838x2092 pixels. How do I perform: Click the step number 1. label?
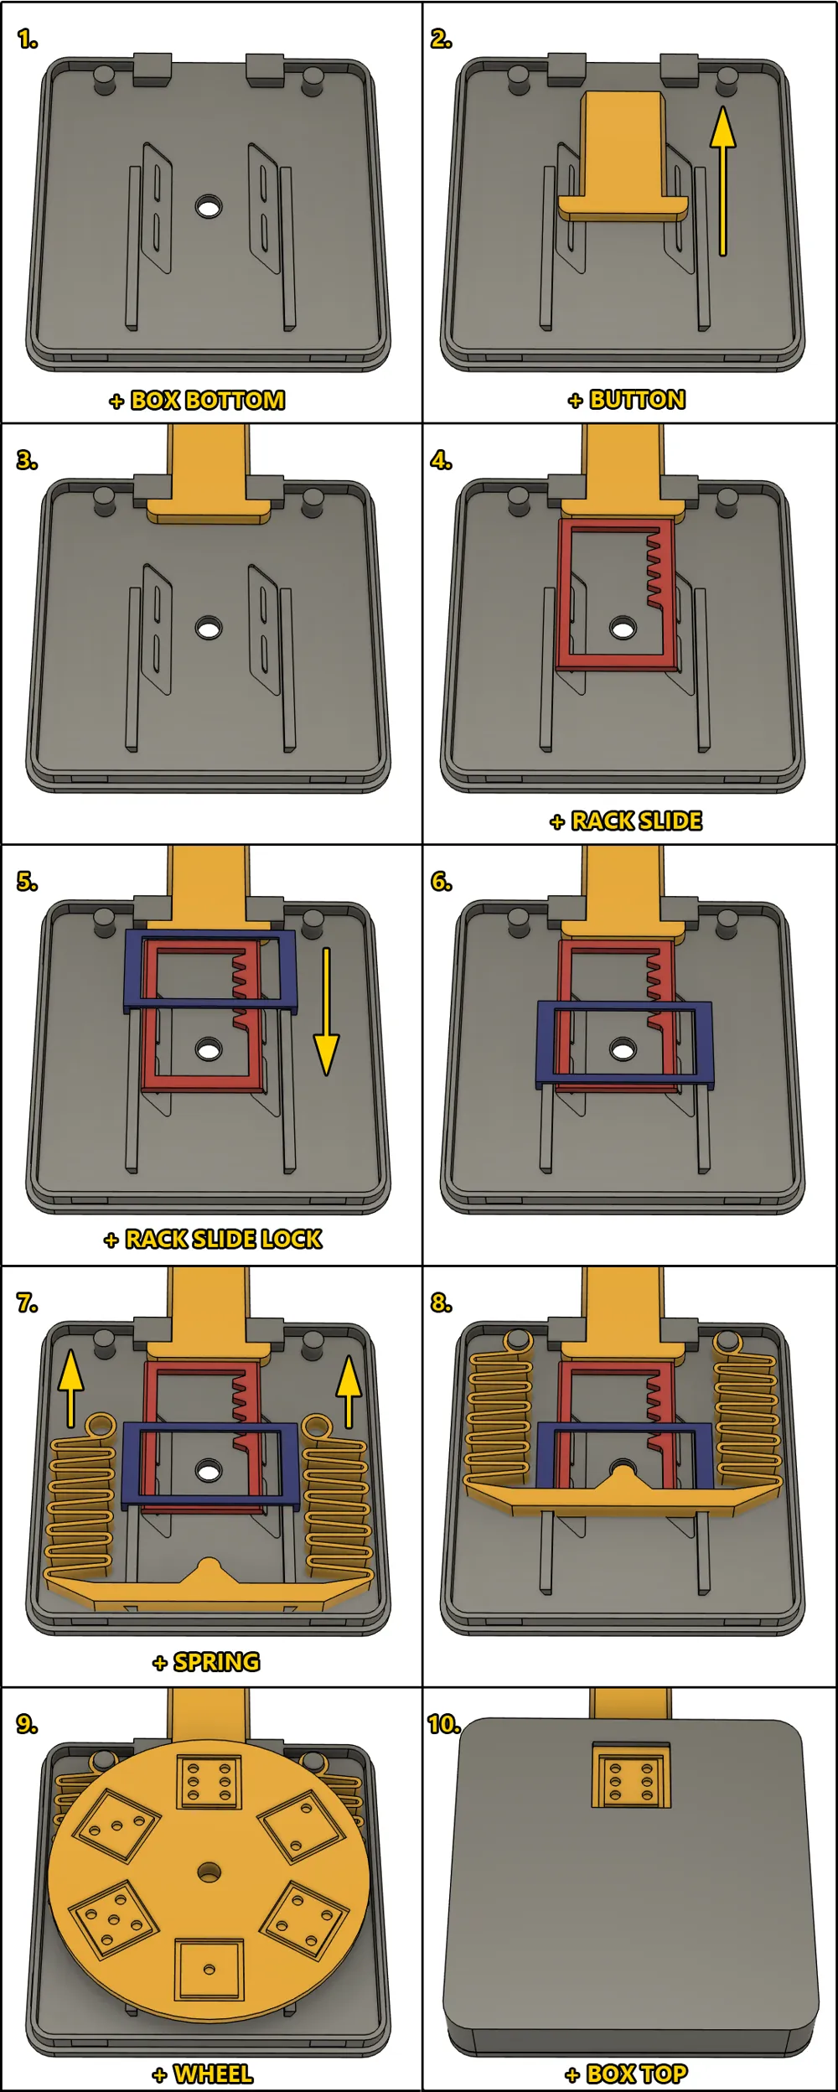coord(28,39)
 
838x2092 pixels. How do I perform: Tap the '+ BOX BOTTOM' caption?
coord(198,401)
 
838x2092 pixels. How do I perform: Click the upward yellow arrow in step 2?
coord(722,180)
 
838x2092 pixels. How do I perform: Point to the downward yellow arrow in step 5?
coord(326,1011)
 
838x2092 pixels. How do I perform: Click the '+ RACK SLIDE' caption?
coord(626,821)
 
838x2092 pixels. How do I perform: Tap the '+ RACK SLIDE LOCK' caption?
coord(213,1239)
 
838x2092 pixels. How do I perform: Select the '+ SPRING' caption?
coord(207,1661)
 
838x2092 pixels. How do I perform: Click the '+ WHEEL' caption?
coord(203,2074)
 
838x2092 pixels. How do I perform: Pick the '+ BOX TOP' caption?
coord(626,2074)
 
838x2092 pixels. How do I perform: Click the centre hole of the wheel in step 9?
coord(209,1872)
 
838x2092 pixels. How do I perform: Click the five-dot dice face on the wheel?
coord(114,1919)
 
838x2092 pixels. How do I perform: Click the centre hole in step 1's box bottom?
coord(209,206)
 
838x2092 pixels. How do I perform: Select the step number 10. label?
coord(443,1724)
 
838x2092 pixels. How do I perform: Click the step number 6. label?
coord(442,882)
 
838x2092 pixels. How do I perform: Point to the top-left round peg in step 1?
coord(105,79)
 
